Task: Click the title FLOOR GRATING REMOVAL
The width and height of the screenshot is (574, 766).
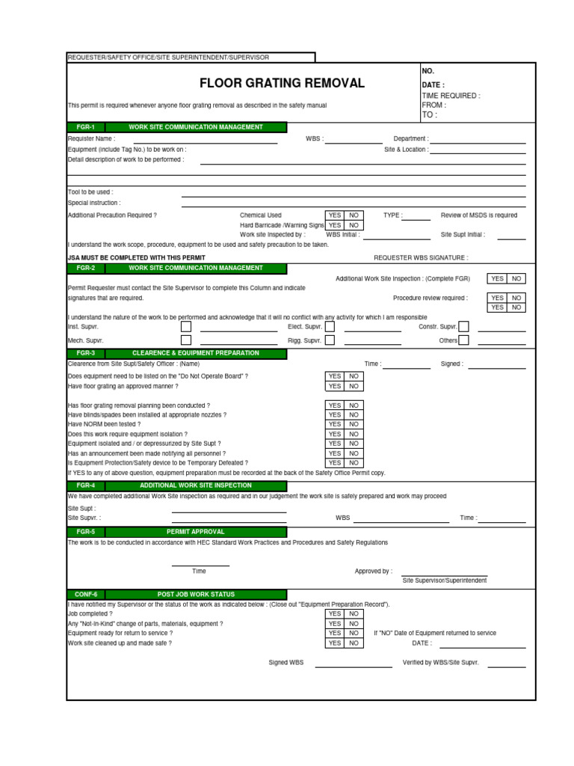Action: tap(282, 83)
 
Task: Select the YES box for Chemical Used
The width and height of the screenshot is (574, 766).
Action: tap(334, 215)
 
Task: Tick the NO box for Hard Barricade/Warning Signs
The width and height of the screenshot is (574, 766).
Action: tap(354, 225)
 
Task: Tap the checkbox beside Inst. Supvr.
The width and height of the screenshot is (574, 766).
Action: tap(186, 327)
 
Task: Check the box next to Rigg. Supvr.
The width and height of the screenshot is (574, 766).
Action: tap(330, 340)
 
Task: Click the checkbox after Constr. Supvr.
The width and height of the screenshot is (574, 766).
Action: tap(464, 327)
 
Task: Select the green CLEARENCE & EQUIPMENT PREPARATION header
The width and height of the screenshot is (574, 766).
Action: tap(195, 353)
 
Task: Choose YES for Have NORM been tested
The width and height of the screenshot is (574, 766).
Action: tap(334, 424)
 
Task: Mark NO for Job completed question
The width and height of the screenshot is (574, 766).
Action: tap(354, 613)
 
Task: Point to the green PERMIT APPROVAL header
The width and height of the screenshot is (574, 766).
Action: tap(195, 532)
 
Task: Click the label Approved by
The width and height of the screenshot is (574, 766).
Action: tap(373, 572)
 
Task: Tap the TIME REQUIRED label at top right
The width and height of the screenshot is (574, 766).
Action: tap(451, 96)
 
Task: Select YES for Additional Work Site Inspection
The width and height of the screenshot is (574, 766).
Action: tap(497, 278)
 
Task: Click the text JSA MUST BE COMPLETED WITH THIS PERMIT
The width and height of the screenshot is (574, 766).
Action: tap(137, 257)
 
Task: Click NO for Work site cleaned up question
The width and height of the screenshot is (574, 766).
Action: tap(354, 643)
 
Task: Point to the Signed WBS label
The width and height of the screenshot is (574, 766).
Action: tap(287, 663)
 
